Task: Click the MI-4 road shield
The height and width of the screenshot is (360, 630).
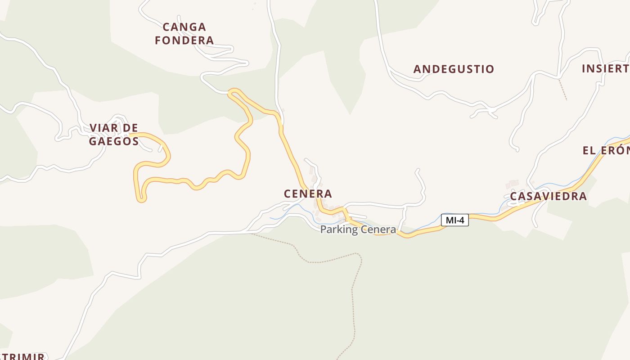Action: point(455,220)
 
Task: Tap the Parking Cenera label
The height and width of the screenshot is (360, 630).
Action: point(358,229)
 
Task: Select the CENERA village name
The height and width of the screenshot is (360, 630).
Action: point(308,193)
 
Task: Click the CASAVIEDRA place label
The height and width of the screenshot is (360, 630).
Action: point(548,196)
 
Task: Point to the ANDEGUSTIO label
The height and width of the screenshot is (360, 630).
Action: point(454,69)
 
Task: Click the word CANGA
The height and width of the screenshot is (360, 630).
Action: point(184,27)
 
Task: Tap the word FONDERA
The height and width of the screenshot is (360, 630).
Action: point(184,40)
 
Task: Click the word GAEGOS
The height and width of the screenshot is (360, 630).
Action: point(113,141)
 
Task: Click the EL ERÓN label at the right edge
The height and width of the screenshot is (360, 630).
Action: point(606,150)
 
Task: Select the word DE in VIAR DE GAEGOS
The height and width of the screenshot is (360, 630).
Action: point(130,128)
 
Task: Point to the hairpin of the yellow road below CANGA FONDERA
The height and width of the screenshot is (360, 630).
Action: point(232,93)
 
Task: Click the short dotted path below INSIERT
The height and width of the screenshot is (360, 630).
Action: point(562,90)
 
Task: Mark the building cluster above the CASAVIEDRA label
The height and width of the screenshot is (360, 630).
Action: point(512,184)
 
